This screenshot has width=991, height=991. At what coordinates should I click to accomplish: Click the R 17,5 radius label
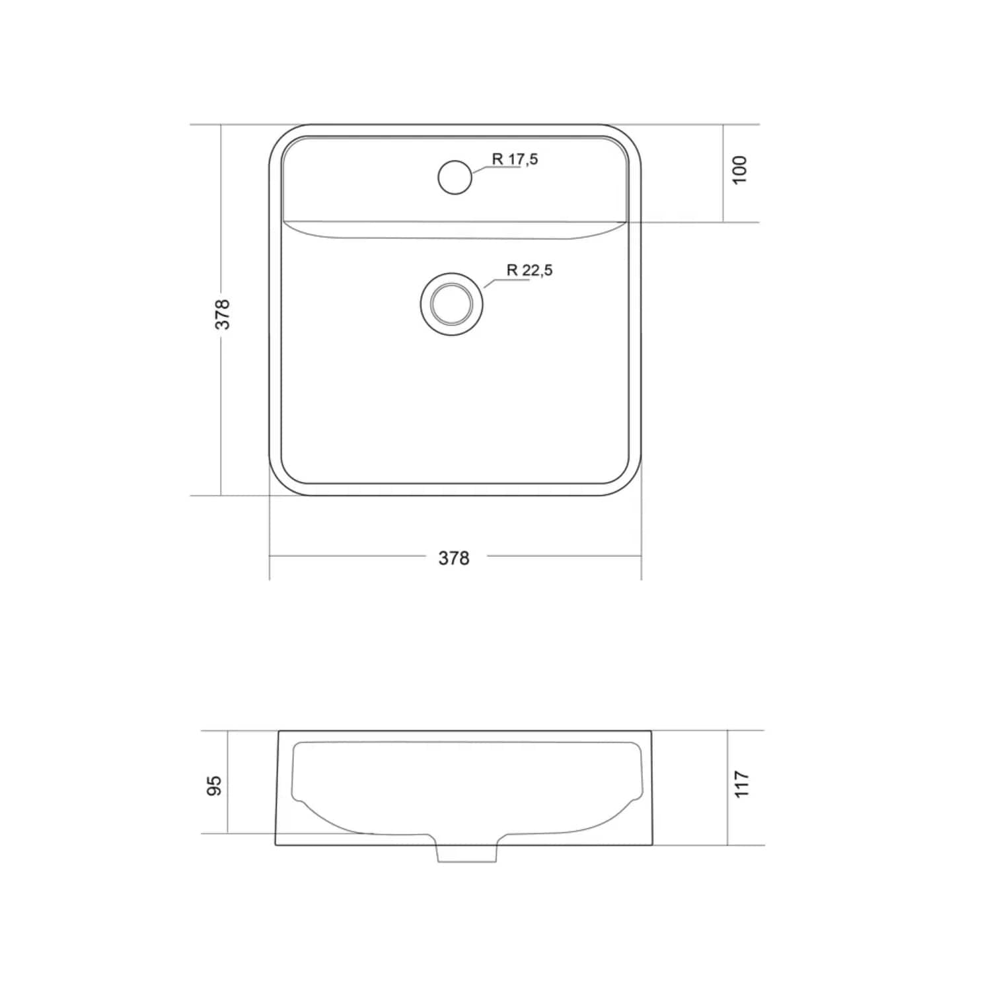[x=515, y=159]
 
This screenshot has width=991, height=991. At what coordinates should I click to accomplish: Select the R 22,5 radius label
[x=529, y=270]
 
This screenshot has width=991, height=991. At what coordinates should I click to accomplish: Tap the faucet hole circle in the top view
[x=455, y=176]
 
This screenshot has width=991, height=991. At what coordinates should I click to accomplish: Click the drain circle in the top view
[x=452, y=303]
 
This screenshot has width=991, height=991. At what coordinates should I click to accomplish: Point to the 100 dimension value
[x=740, y=170]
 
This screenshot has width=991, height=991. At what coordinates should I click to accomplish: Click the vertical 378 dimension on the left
[x=223, y=314]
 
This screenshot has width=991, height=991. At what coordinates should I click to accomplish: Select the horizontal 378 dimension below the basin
[x=454, y=558]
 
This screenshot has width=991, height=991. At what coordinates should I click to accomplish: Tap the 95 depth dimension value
[x=214, y=786]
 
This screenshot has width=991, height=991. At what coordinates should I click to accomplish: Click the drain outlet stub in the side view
[x=466, y=854]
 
